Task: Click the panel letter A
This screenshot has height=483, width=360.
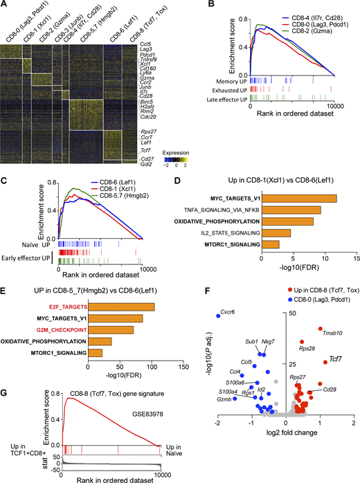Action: [x=6, y=6]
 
